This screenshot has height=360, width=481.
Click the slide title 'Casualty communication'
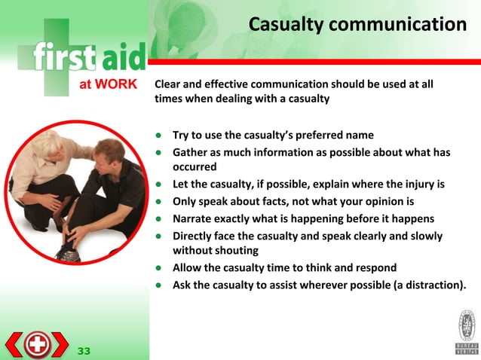pos(357,26)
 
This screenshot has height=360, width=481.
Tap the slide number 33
pos(83,351)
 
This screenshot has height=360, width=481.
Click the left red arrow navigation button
pos(15,344)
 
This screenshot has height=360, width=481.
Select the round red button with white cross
pos(37,344)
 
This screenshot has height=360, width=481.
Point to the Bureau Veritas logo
pos(466,331)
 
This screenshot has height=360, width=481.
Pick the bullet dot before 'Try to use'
pos(160,136)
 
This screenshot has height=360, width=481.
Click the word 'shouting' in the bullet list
pos(234,251)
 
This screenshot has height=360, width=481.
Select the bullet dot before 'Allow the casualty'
pos(160,268)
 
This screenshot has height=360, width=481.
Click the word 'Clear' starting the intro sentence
pos(170,84)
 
